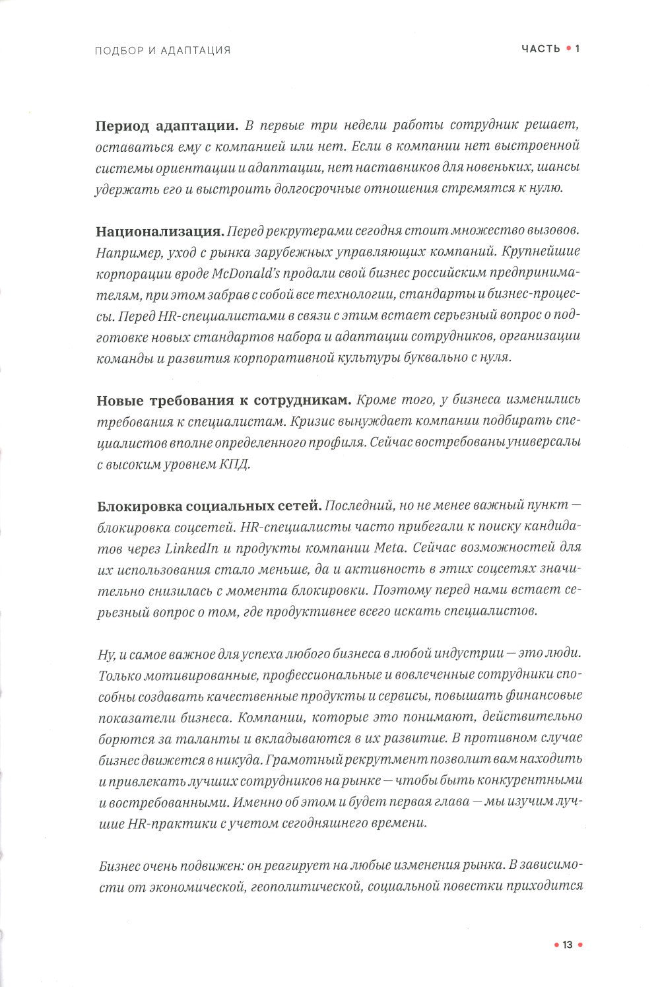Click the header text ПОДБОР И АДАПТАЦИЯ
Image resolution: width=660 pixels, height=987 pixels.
pyautogui.click(x=163, y=50)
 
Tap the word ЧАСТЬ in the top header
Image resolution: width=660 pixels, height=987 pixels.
pyautogui.click(x=541, y=49)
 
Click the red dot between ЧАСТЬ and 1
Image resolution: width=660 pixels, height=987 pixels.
pyautogui.click(x=568, y=49)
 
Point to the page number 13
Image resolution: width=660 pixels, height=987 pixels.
pyautogui.click(x=567, y=945)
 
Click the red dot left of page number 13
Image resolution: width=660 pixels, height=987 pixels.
pyautogui.click(x=555, y=945)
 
